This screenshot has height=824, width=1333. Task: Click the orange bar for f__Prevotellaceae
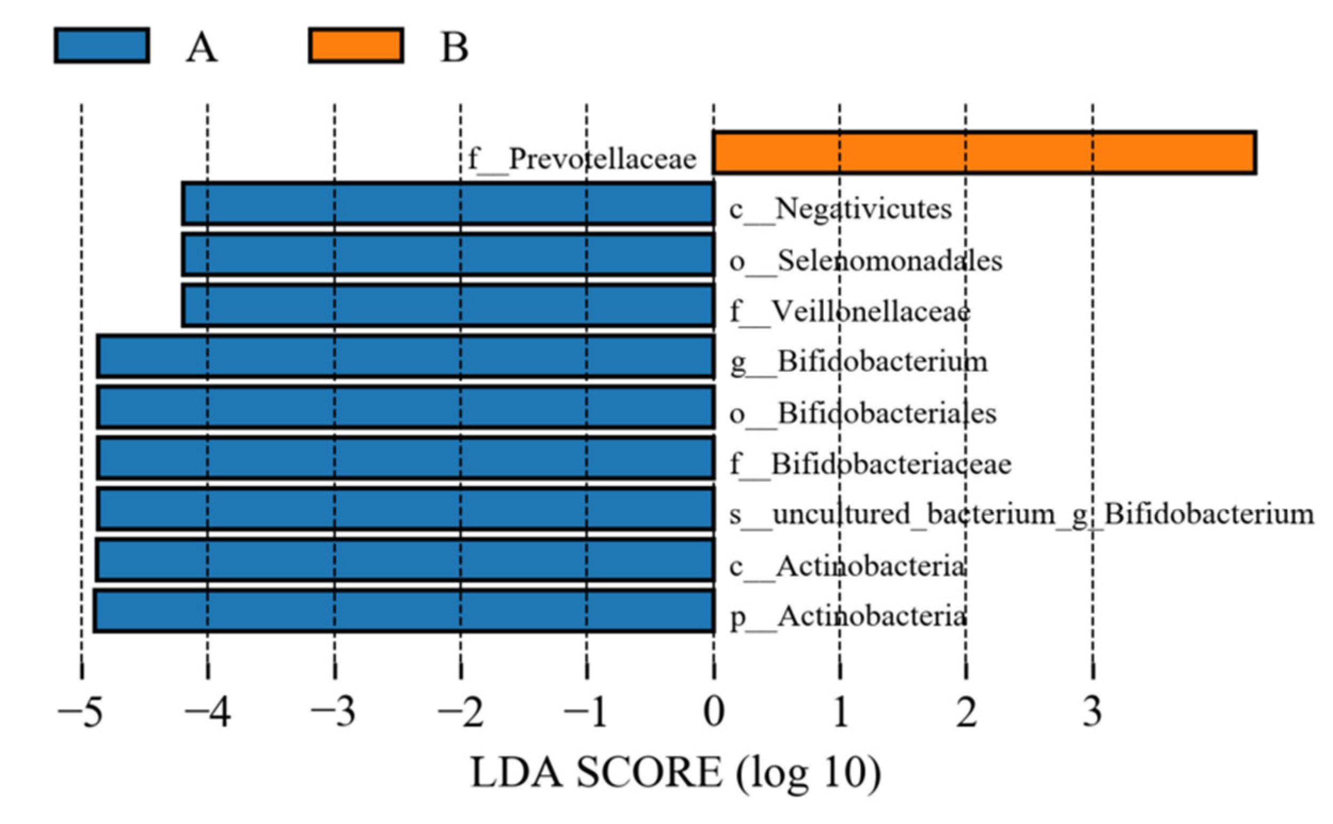(984, 153)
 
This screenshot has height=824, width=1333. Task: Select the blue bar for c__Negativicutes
(448, 204)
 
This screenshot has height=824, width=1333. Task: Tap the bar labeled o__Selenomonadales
(448, 254)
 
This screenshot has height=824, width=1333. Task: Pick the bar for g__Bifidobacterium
(406, 356)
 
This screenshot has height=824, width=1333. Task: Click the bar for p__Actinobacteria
(404, 610)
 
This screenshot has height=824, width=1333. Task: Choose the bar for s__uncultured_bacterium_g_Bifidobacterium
(406, 509)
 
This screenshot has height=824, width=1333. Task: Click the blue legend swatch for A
(102, 46)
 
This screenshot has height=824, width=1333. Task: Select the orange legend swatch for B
(356, 46)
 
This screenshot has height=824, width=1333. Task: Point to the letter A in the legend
(202, 48)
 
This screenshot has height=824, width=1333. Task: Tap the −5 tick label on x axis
(81, 713)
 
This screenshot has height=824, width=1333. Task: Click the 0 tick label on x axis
(713, 713)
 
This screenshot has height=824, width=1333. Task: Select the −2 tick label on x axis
(461, 713)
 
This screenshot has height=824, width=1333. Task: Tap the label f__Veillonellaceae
(850, 311)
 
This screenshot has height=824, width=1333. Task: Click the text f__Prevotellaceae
(582, 159)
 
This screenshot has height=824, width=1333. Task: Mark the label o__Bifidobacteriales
(863, 413)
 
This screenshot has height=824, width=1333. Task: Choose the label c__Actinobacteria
(848, 567)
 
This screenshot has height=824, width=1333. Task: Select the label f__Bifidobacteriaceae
(871, 465)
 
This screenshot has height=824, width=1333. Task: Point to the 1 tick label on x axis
(840, 713)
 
